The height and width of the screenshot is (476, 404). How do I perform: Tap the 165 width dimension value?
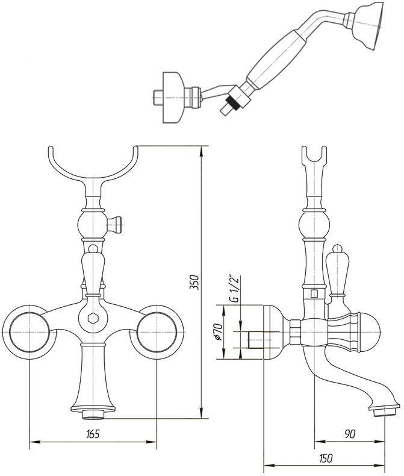(93, 434)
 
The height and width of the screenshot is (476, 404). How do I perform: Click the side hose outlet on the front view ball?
(118, 224)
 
